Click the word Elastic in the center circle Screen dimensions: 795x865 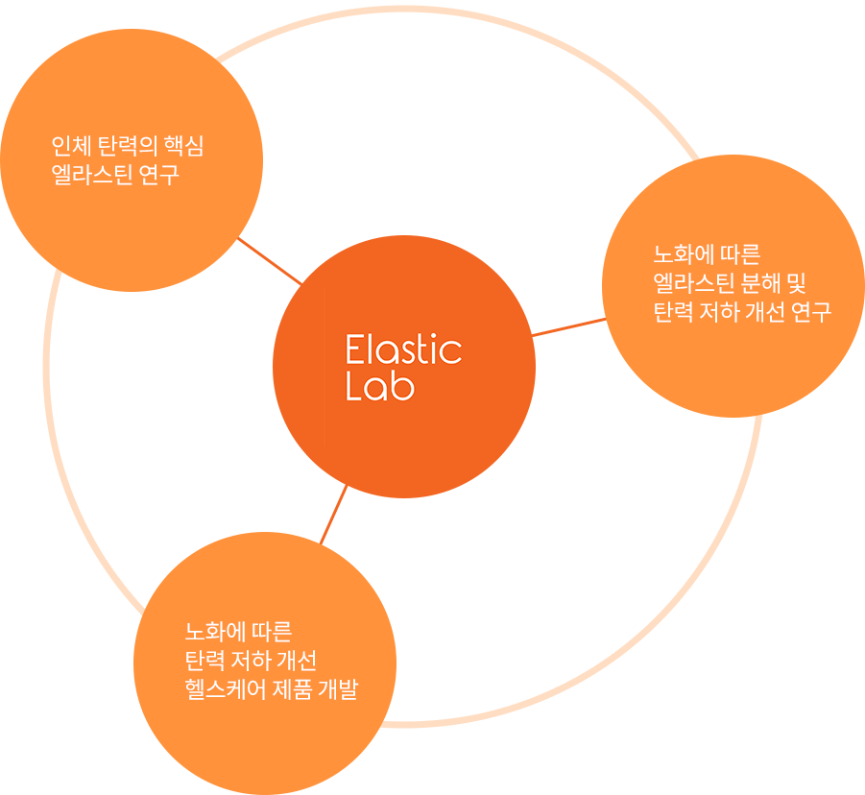point(403,349)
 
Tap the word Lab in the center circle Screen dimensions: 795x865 point(379,386)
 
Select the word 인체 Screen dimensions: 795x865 point(68,147)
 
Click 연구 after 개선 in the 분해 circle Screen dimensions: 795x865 point(811,313)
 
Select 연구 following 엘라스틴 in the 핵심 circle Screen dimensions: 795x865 point(158,176)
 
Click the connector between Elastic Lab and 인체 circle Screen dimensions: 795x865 point(270,261)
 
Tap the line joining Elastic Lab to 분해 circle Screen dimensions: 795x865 point(568,326)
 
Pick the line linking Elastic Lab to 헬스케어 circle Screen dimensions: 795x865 point(333,516)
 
